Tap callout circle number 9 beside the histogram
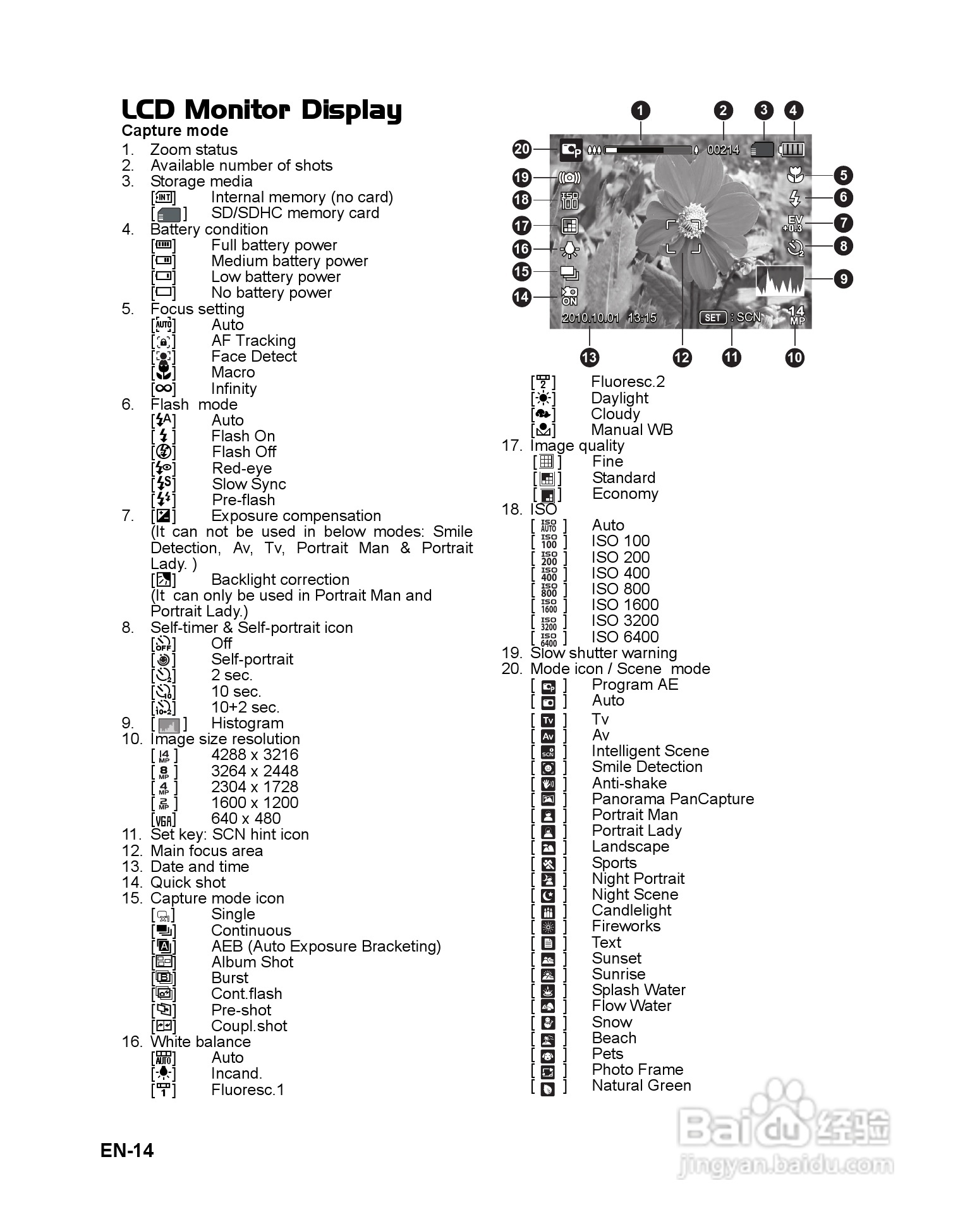pyautogui.click(x=843, y=278)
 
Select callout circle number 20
pyautogui.click(x=522, y=149)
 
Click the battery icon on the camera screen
pyautogui.click(x=792, y=149)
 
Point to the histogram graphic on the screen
pyautogui.click(x=780, y=280)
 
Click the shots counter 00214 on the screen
pyautogui.click(x=723, y=150)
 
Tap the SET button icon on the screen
pyautogui.click(x=713, y=317)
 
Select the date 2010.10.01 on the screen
pyautogui.click(x=590, y=317)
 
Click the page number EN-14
pyautogui.click(x=127, y=1150)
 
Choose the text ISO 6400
pyautogui.click(x=624, y=637)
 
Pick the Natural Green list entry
pyautogui.click(x=641, y=1086)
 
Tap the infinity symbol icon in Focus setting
pyautogui.click(x=164, y=388)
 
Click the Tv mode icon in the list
pyautogui.click(x=548, y=720)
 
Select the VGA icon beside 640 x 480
pyautogui.click(x=164, y=819)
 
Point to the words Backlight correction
pyautogui.click(x=280, y=579)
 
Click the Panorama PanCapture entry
pyautogui.click(x=672, y=799)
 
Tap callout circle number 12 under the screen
pyautogui.click(x=682, y=358)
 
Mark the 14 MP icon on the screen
pyautogui.click(x=797, y=315)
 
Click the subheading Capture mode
pyautogui.click(x=175, y=131)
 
